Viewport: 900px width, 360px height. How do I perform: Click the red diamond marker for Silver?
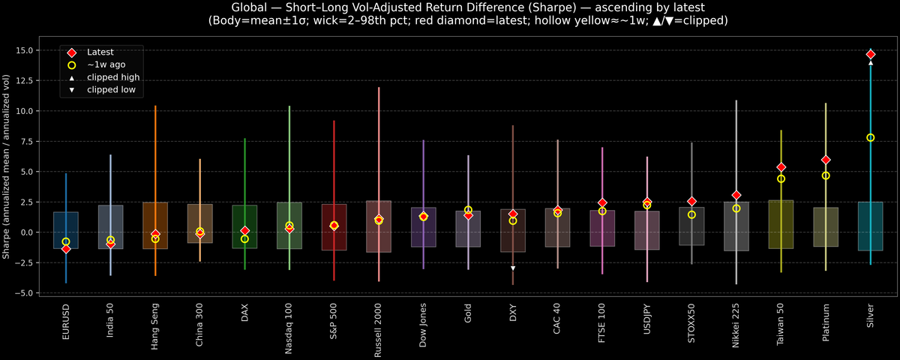coord(870,55)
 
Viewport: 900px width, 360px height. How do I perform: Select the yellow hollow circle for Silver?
coord(870,137)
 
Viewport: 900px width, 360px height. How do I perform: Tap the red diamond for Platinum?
coord(826,160)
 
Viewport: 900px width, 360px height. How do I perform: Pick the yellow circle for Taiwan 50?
coord(781,178)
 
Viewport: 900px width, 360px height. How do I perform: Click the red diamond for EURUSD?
coord(66,249)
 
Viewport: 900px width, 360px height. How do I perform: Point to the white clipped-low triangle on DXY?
coord(513,268)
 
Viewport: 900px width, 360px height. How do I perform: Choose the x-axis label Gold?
coord(468,312)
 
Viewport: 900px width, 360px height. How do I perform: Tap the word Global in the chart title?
coord(245,7)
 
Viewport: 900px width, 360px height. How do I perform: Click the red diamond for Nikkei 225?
coord(736,195)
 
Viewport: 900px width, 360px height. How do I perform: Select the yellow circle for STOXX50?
coord(691,214)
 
